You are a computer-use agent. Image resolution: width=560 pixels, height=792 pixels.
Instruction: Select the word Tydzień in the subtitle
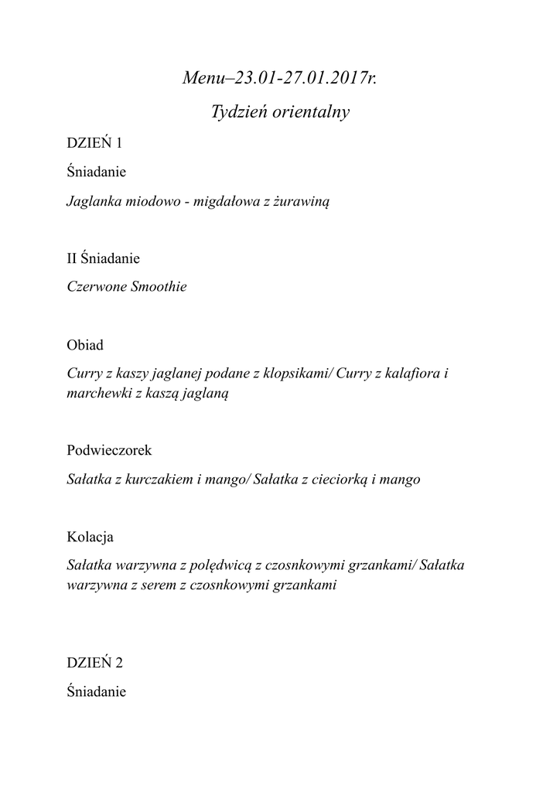tap(237, 113)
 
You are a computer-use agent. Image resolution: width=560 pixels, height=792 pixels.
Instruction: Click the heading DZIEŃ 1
tap(94, 143)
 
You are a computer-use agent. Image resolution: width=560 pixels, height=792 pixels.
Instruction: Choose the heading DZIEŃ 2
tap(94, 663)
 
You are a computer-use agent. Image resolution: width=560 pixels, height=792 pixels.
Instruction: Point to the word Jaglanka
tap(95, 203)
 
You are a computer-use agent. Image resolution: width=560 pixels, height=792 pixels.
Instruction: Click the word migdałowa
tap(232, 203)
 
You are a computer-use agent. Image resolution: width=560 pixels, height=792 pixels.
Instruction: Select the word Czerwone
tap(96, 288)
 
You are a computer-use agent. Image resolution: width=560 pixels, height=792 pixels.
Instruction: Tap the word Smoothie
tap(159, 288)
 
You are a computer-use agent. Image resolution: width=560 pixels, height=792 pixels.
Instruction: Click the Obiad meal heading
tap(84, 345)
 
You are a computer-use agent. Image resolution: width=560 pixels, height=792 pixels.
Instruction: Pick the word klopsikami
tap(297, 374)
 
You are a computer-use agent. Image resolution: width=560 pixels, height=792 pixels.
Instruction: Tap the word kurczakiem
tap(155, 480)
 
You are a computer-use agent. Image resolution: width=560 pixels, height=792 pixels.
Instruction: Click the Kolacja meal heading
tap(91, 536)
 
